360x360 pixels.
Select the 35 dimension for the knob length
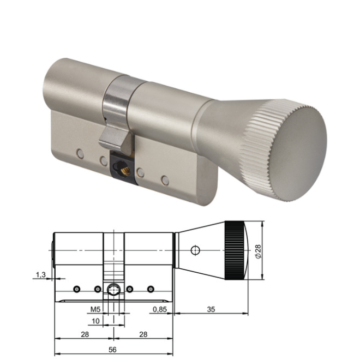211,309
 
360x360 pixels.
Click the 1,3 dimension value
41,275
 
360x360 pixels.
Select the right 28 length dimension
143,333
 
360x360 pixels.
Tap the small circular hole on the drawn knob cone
195,250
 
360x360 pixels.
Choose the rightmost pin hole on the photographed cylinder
164,178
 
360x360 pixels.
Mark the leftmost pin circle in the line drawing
77,289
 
